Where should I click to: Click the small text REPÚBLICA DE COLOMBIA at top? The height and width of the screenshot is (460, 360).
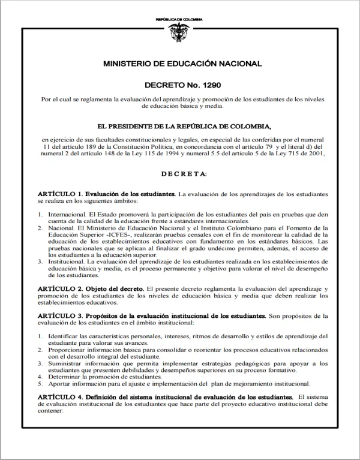179,20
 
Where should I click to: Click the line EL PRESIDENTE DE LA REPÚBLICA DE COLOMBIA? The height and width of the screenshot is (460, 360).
179,127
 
